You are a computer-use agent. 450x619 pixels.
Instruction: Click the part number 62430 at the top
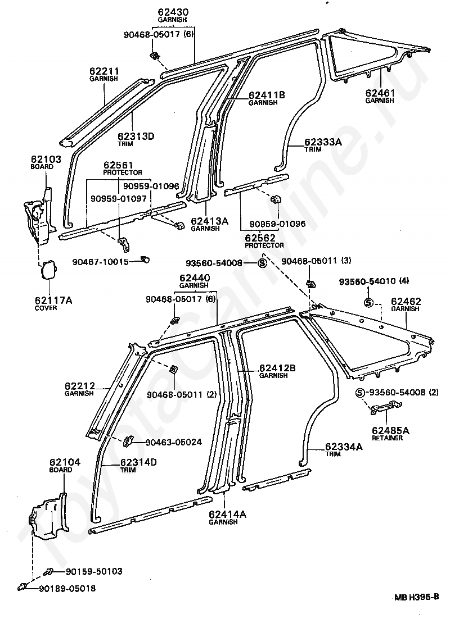click(x=173, y=12)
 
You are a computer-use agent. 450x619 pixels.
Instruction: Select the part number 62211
click(x=104, y=71)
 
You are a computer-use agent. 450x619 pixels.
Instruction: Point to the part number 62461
click(x=380, y=93)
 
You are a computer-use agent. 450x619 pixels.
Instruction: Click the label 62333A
click(x=323, y=142)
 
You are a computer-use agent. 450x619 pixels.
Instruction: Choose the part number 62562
click(x=260, y=238)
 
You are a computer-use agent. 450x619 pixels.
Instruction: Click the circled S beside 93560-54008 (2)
click(x=360, y=393)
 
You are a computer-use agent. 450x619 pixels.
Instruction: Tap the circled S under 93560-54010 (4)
click(x=368, y=302)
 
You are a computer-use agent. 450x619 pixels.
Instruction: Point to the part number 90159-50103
click(x=94, y=571)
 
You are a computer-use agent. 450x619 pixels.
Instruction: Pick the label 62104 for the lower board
click(x=65, y=462)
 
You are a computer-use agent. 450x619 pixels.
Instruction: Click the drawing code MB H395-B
click(x=416, y=608)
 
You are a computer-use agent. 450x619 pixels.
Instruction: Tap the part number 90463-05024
click(x=174, y=442)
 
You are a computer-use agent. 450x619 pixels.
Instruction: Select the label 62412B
click(x=277, y=368)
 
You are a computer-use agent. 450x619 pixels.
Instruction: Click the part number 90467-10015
click(x=101, y=261)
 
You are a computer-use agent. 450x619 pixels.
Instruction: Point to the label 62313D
click(x=136, y=136)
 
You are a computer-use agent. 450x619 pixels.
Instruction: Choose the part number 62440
click(x=195, y=278)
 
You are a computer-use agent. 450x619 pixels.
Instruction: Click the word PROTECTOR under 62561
click(x=123, y=173)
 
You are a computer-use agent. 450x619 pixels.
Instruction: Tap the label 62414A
click(x=227, y=515)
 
